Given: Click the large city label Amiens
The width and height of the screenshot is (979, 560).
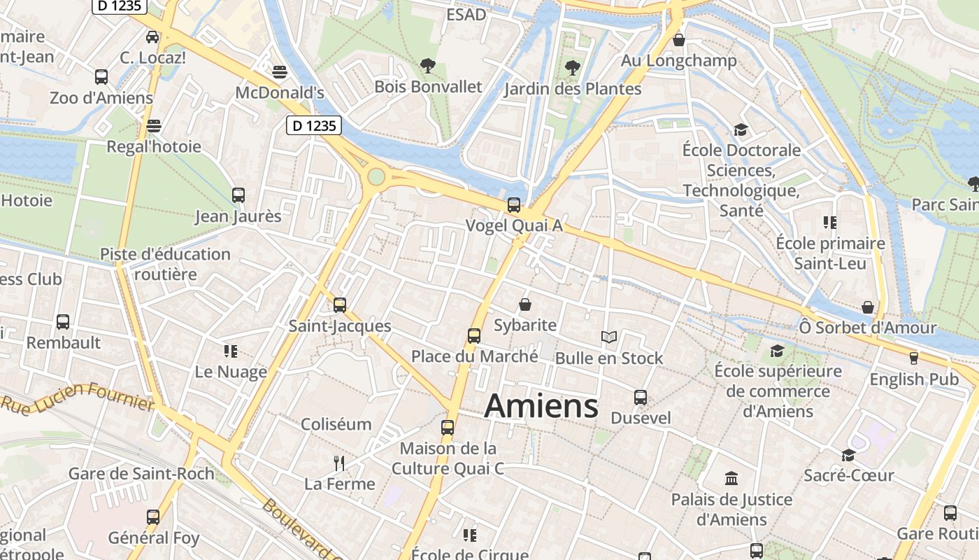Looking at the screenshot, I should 542,406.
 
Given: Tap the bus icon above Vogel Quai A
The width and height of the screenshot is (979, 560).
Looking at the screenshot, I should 514,204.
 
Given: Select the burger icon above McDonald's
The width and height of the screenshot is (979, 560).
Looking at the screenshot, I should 280,71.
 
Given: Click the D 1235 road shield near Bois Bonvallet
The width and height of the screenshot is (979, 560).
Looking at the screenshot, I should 314,126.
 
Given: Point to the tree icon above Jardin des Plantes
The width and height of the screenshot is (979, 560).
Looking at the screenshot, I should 573,68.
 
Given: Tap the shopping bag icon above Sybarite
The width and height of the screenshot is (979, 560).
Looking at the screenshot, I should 525,304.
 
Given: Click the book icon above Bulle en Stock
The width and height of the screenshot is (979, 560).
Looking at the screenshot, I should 609,337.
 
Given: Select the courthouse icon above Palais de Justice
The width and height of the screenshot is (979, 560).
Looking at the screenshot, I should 731,479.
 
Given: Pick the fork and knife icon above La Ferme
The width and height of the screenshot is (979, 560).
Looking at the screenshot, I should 340,463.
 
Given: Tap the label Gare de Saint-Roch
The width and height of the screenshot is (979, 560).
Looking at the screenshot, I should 141,474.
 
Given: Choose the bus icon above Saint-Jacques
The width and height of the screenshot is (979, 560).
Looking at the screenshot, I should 340,305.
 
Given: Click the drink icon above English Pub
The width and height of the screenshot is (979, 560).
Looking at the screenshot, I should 913,358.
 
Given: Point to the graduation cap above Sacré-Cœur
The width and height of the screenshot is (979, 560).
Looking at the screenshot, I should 848,455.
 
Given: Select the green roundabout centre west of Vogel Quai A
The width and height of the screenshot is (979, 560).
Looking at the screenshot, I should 377,176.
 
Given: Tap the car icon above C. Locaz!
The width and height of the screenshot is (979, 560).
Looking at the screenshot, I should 152,36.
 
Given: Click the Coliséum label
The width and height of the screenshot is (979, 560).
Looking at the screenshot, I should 336,424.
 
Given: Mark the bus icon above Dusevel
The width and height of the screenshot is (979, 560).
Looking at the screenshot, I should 641,398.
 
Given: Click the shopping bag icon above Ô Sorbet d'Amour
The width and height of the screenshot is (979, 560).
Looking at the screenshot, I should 868,307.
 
